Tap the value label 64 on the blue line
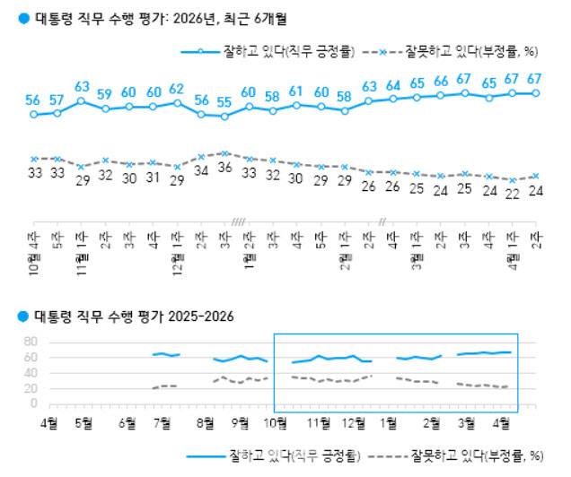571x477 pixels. (392, 85)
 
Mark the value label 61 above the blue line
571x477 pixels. (296, 91)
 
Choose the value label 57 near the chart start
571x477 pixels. (57, 99)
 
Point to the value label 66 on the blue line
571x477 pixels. (440, 82)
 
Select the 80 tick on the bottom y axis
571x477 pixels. (28, 342)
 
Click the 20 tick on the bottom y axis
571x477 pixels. (28, 387)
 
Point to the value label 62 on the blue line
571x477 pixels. (176, 89)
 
